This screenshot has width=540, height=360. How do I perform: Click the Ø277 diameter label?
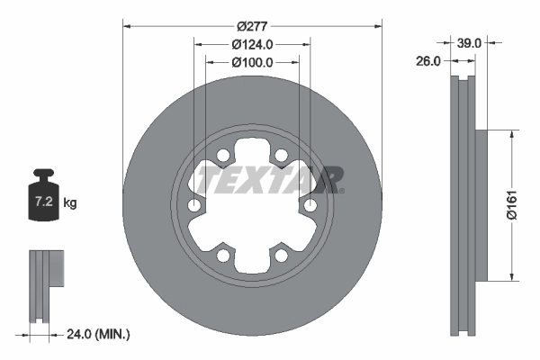tap(253, 25)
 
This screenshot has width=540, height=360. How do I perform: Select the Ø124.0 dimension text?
tap(252, 45)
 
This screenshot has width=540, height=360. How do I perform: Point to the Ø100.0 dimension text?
tap(252, 63)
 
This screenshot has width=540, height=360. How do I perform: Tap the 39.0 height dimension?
tap(469, 42)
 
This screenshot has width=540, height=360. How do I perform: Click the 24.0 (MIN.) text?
tap(99, 334)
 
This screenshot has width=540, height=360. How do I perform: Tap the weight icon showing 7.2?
tap(44, 190)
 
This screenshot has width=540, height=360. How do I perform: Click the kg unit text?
tap(70, 203)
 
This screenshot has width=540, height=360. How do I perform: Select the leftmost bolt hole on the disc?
tap(194, 207)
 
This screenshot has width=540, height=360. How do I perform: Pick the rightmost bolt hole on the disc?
tap(310, 207)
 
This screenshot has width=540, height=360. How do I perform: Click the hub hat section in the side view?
tap(480, 205)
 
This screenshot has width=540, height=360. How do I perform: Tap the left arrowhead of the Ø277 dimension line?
tap(126, 25)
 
